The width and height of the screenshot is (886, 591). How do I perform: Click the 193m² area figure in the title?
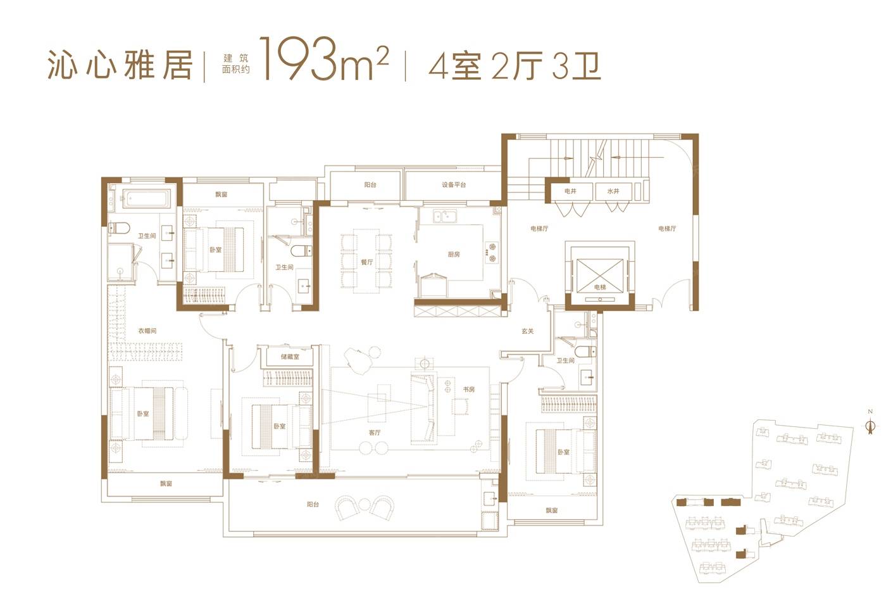point(324,60)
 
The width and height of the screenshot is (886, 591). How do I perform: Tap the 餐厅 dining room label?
point(367,262)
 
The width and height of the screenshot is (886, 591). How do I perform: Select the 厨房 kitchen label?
point(454,254)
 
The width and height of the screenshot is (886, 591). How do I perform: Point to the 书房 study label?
point(469,390)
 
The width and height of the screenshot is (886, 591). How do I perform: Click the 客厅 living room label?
point(375,433)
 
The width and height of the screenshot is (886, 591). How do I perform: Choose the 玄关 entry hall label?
point(528,331)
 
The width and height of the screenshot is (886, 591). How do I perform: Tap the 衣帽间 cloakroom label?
point(147,331)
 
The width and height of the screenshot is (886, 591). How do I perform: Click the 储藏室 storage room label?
point(290,357)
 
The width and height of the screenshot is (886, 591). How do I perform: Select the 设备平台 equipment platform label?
point(454,185)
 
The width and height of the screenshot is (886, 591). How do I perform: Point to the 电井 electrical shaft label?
point(570,191)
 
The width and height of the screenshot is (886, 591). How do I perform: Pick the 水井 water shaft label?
point(613,191)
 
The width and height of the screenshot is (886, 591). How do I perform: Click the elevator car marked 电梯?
point(600,276)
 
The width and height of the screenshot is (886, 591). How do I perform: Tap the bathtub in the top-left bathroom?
point(146,198)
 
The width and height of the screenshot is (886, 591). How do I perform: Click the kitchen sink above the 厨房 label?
point(444,216)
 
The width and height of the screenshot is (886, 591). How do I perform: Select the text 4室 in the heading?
point(455,67)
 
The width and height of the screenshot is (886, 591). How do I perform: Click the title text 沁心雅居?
point(120,65)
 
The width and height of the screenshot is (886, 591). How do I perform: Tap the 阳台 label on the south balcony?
point(313,504)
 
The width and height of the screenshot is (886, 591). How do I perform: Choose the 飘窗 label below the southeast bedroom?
point(552,511)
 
